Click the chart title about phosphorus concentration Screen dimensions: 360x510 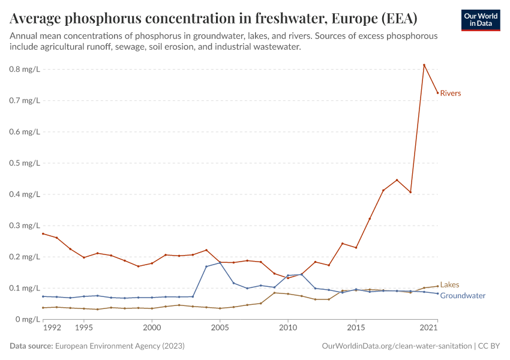pyautogui.click(x=214, y=17)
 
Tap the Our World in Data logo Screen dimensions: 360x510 pyautogui.click(x=481, y=20)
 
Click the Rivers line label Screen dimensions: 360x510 pyautogui.click(x=450, y=93)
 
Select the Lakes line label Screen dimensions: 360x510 pyautogui.click(x=449, y=285)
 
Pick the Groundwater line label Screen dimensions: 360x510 pyautogui.click(x=463, y=296)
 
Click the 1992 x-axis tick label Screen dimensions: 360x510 pyautogui.click(x=52, y=328)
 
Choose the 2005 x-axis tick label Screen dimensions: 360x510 pyautogui.click(x=220, y=328)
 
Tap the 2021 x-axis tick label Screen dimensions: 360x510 pyautogui.click(x=428, y=328)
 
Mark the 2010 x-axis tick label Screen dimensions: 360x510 pyautogui.click(x=288, y=328)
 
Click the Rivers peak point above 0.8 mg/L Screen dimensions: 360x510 pyautogui.click(x=424, y=65)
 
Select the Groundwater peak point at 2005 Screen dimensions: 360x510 pyautogui.click(x=220, y=262)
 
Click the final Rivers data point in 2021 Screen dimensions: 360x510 pyautogui.click(x=437, y=92)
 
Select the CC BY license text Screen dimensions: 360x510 pyautogui.click(x=489, y=346)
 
